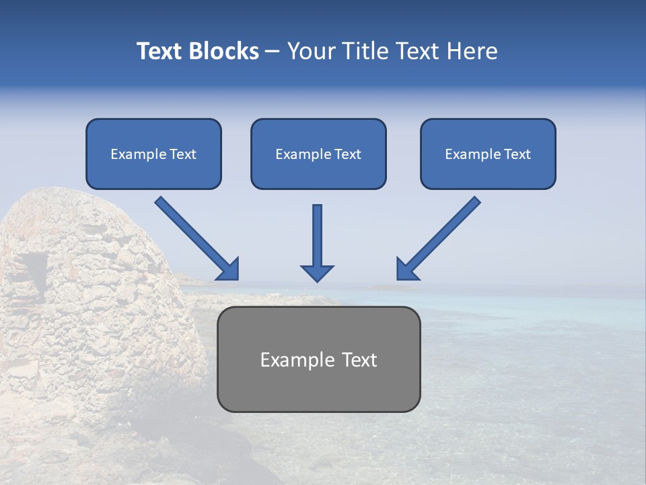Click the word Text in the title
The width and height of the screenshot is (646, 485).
click(160, 51)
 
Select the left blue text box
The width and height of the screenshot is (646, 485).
click(153, 154)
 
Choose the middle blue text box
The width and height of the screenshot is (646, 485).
click(318, 154)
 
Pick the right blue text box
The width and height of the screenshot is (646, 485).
click(488, 154)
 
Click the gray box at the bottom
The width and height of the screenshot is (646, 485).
click(318, 359)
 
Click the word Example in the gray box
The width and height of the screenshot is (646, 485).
click(288, 360)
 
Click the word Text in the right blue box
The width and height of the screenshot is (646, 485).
click(517, 154)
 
